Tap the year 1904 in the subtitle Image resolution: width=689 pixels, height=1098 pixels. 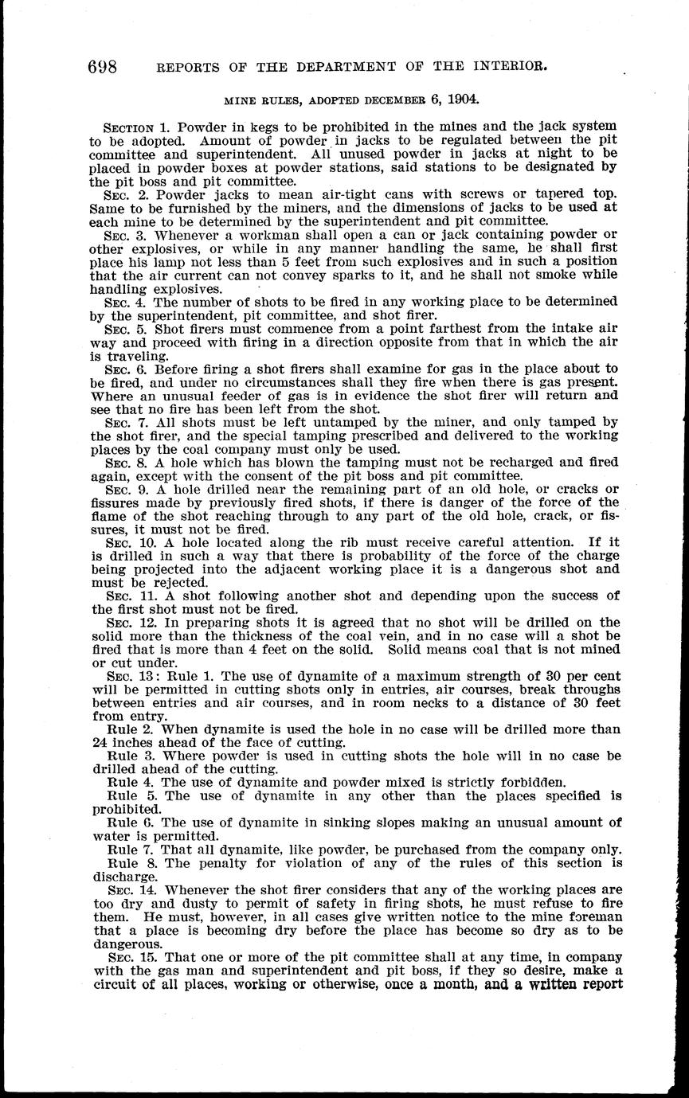pos(462,100)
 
